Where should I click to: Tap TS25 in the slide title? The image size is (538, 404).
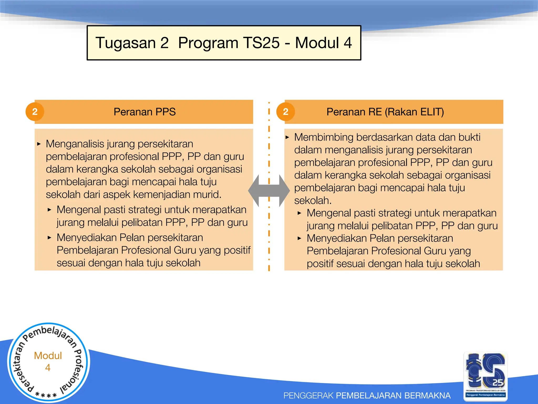pos(261,43)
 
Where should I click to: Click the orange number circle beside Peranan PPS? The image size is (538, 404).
pos(35,112)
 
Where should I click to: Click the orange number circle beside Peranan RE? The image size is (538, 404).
pos(286,112)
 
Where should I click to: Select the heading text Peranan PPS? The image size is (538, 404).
pos(144,112)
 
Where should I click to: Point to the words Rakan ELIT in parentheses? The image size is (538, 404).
pos(414,112)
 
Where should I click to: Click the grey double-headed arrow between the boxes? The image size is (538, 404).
pos(269,191)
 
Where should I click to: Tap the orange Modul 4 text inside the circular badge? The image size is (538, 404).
pos(48,361)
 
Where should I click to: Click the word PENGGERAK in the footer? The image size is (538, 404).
pos(308,395)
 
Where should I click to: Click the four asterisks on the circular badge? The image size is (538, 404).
pos(46,395)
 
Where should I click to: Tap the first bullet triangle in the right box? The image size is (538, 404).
pos(287,137)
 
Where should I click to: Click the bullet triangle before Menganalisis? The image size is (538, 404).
pos(39,144)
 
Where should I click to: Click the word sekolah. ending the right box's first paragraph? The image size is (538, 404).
pos(313,201)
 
